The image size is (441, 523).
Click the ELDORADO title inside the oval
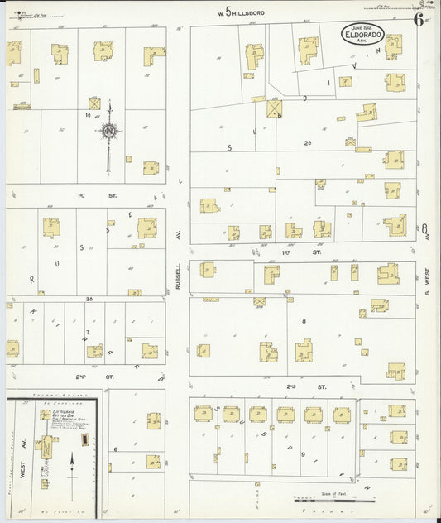tap(370, 36)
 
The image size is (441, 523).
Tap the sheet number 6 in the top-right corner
tap(419, 20)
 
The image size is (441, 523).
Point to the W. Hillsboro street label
tap(240, 12)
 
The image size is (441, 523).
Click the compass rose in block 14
tap(108, 131)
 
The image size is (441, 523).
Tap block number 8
tap(304, 320)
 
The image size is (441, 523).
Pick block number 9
tap(304, 454)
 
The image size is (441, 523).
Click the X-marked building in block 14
tap(94, 104)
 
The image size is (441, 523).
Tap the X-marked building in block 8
tap(259, 300)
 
